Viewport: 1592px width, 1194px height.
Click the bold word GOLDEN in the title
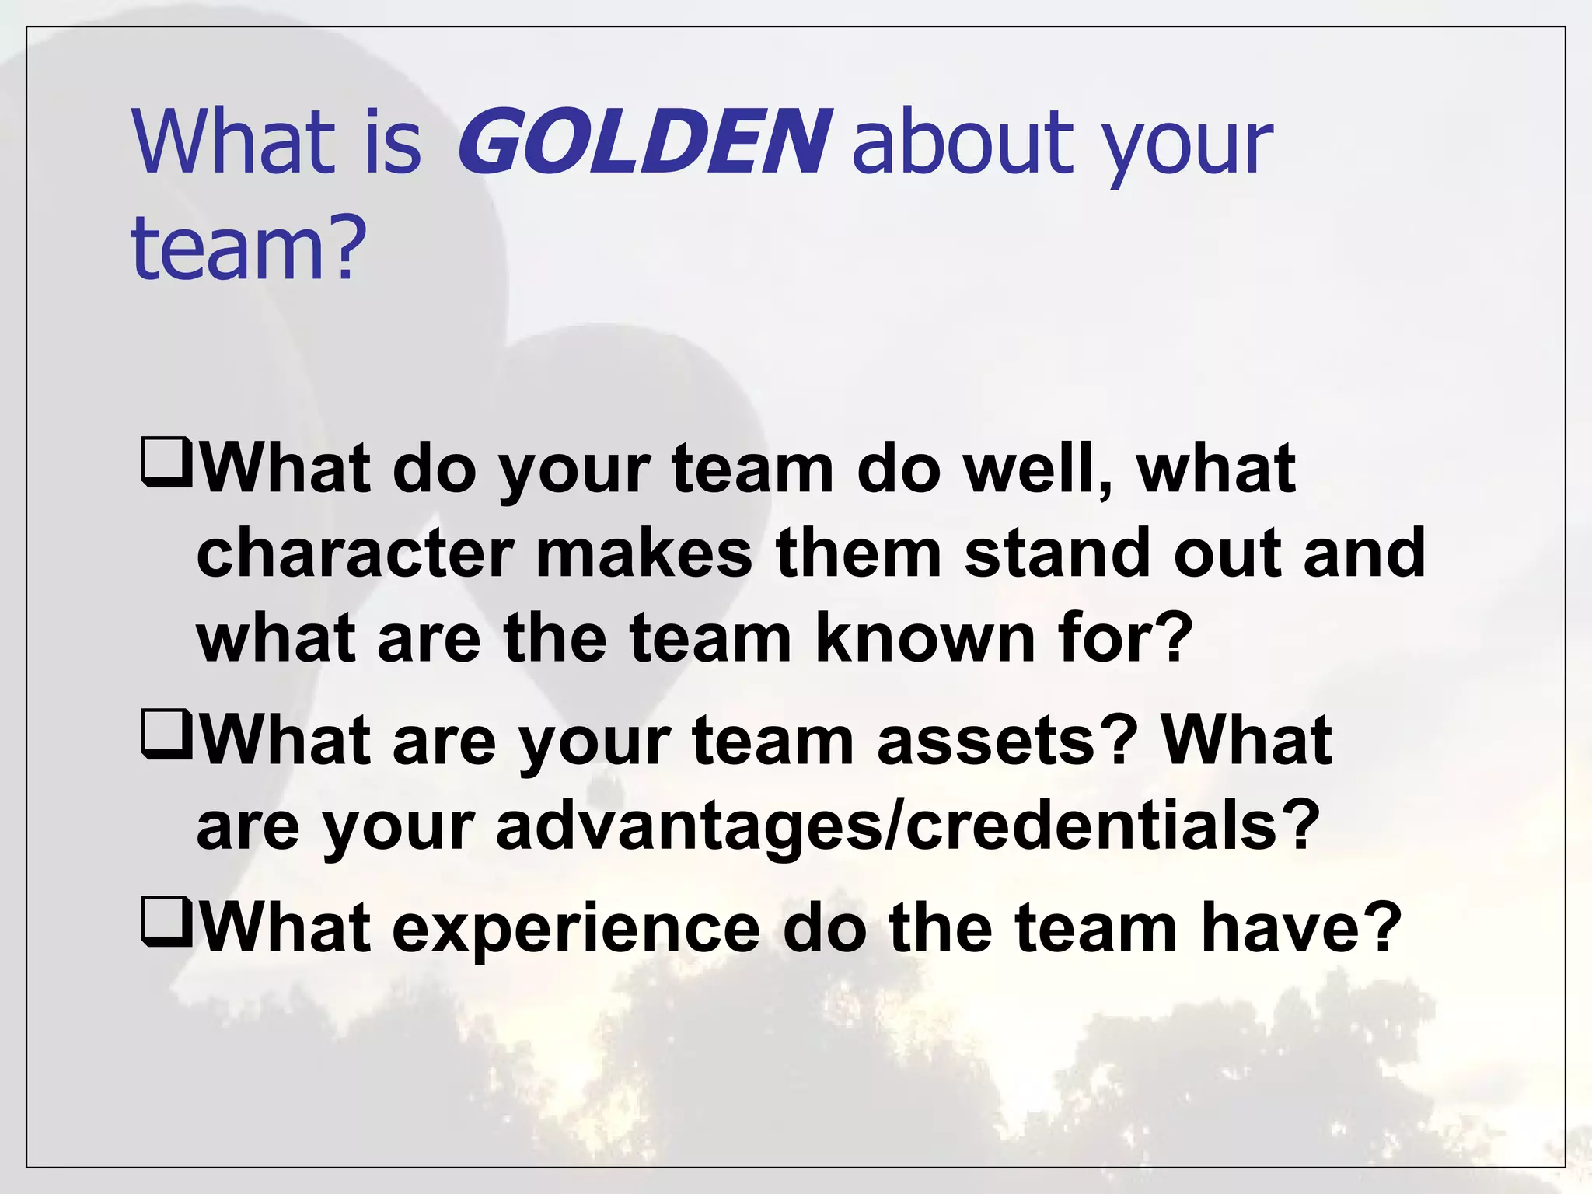(644, 141)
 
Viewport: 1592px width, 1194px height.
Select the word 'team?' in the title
(248, 246)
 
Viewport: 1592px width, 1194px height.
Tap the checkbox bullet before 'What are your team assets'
(166, 735)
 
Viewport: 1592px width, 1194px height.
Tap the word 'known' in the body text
(925, 638)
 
